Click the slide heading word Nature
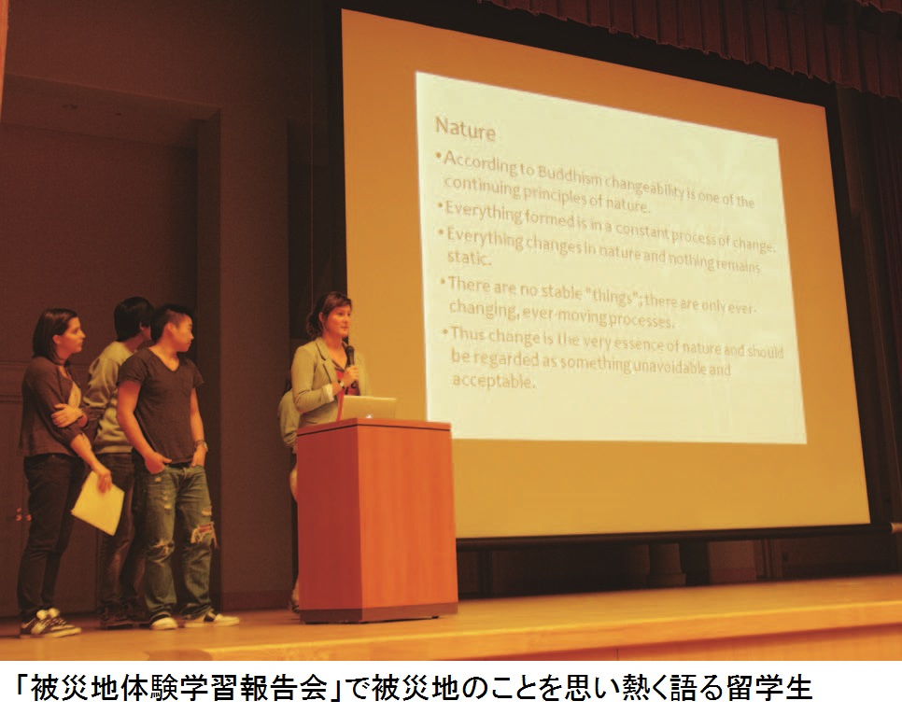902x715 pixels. pos(465,130)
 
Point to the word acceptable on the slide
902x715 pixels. pos(493,380)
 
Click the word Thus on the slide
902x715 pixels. pos(465,333)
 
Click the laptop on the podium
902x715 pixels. pos(368,408)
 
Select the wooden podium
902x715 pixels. pos(377,520)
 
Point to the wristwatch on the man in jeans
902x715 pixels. pos(200,445)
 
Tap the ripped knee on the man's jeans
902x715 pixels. pos(204,534)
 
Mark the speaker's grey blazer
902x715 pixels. pos(318,381)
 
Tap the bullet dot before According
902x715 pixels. pos(439,155)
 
